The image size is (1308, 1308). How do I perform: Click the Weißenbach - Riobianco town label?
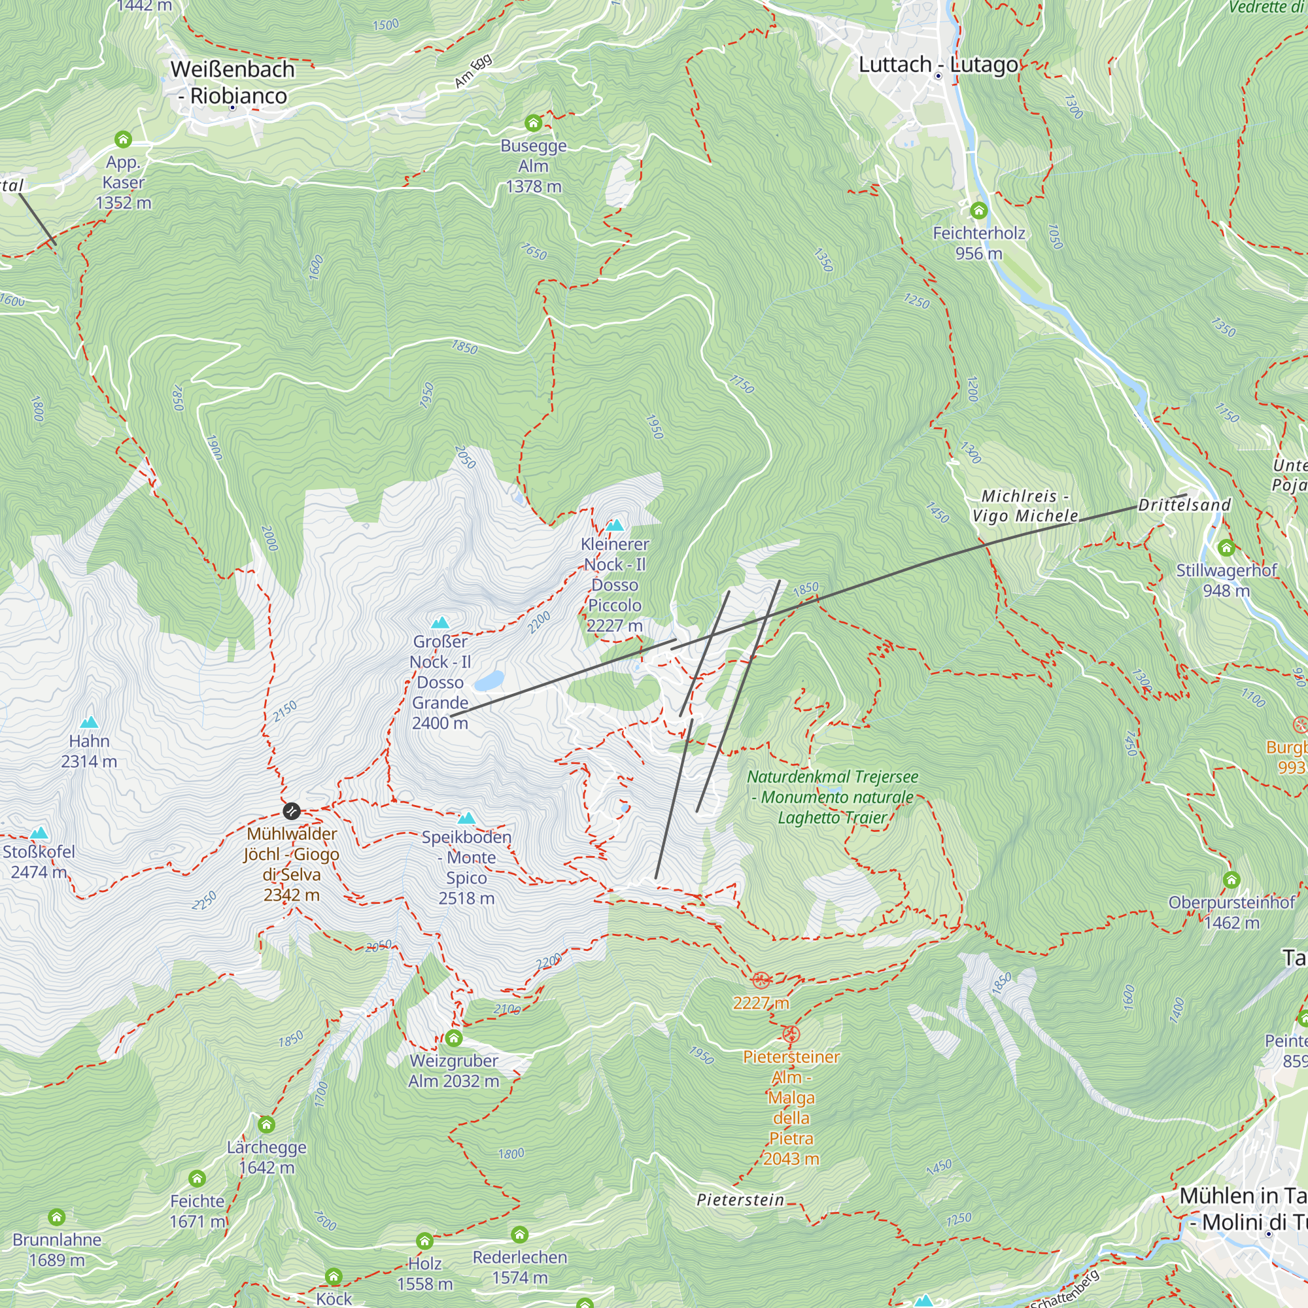232,82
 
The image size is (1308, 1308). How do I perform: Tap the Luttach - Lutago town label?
938,65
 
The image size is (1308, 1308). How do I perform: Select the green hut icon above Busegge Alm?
534,122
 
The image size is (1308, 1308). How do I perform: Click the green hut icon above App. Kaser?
122,139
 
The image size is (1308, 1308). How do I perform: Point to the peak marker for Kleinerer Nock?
615,525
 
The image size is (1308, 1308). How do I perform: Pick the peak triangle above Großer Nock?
440,622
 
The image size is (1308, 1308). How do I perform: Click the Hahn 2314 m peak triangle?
89,722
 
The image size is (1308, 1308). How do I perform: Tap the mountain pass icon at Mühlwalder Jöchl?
291,810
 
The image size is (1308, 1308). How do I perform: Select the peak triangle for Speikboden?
466,818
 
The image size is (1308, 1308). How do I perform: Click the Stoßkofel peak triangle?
39,833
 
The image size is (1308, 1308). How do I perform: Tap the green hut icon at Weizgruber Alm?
454,1038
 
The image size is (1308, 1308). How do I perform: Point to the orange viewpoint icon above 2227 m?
761,980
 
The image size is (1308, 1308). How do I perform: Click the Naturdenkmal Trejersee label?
832,797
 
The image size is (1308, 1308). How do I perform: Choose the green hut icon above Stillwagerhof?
1226,547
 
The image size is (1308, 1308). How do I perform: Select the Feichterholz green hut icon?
978,211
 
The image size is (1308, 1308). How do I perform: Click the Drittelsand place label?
1184,505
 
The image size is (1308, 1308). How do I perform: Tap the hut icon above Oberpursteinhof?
1231,880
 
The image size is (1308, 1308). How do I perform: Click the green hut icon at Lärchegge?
266,1124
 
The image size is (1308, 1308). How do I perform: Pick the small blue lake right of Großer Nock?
489,680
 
